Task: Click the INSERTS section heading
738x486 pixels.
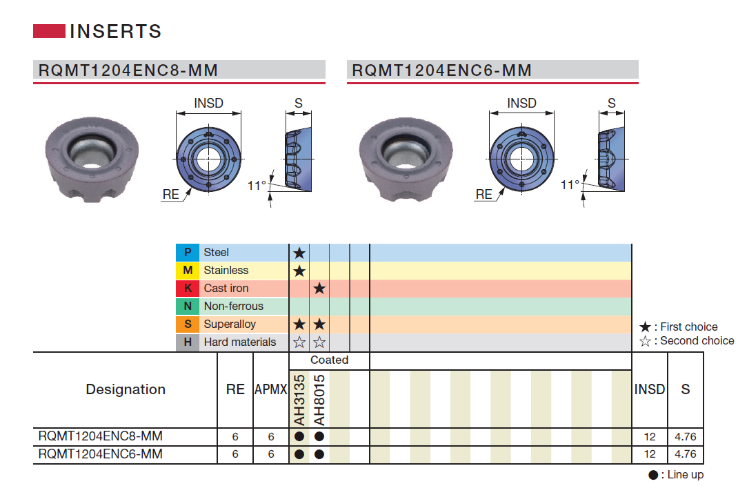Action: click(115, 31)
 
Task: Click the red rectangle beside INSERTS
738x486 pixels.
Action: click(49, 31)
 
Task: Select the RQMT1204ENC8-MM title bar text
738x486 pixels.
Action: click(128, 70)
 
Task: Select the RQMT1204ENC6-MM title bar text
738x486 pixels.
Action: click(441, 70)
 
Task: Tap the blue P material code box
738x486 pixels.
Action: click(188, 253)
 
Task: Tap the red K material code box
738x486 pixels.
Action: click(188, 289)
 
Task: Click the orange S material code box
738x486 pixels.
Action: click(188, 324)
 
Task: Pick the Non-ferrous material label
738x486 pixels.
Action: click(233, 307)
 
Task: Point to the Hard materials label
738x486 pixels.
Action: click(239, 342)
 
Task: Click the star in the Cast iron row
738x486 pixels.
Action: click(319, 289)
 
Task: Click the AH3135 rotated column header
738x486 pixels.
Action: click(299, 400)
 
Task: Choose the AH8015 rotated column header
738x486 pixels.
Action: click(319, 400)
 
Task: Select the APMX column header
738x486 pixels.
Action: click(270, 389)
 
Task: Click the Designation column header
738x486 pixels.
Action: click(126, 389)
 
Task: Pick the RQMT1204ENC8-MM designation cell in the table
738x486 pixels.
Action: click(101, 436)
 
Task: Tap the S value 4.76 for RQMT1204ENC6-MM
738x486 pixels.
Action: click(686, 454)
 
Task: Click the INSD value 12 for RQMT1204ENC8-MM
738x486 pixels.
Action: click(649, 436)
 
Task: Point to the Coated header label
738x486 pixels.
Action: click(329, 360)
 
